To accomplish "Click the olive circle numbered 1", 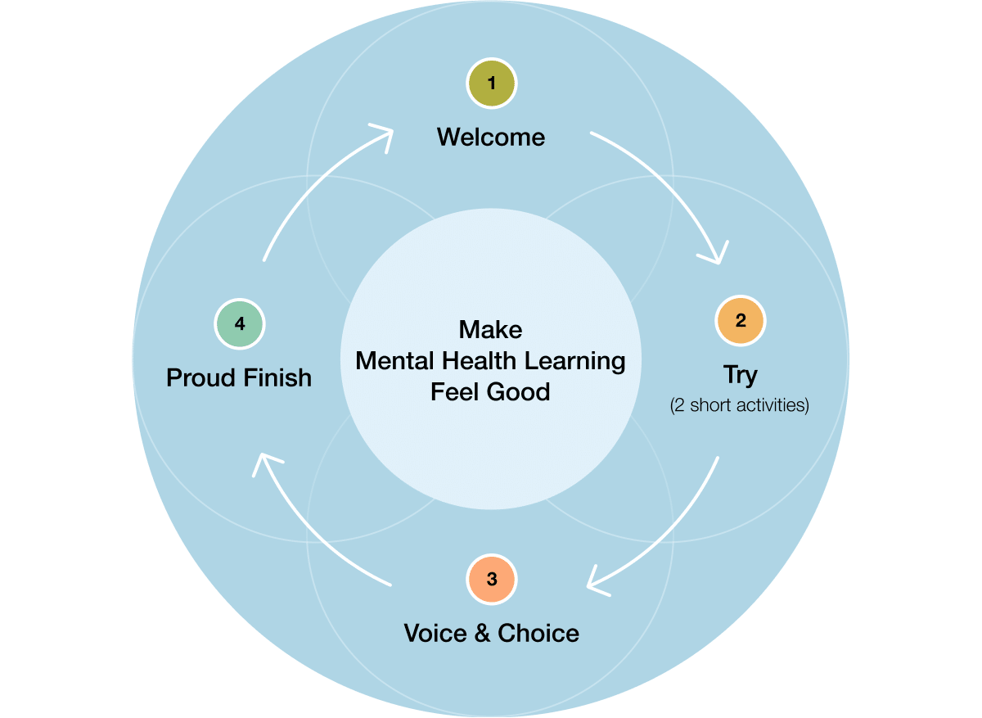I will pos(491,83).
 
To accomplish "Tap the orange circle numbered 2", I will pos(740,321).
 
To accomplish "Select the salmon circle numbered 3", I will pos(491,579).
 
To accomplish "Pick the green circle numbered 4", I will pos(240,323).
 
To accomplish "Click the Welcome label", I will pos(491,137).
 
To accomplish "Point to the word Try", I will pos(740,375).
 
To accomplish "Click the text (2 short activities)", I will pos(740,405).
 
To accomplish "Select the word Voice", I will pos(436,633).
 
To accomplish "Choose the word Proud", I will pos(201,377).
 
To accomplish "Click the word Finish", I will pos(277,377).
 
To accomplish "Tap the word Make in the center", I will pos(490,329).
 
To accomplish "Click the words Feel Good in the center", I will pos(490,391).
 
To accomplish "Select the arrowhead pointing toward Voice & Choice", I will pos(598,582).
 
